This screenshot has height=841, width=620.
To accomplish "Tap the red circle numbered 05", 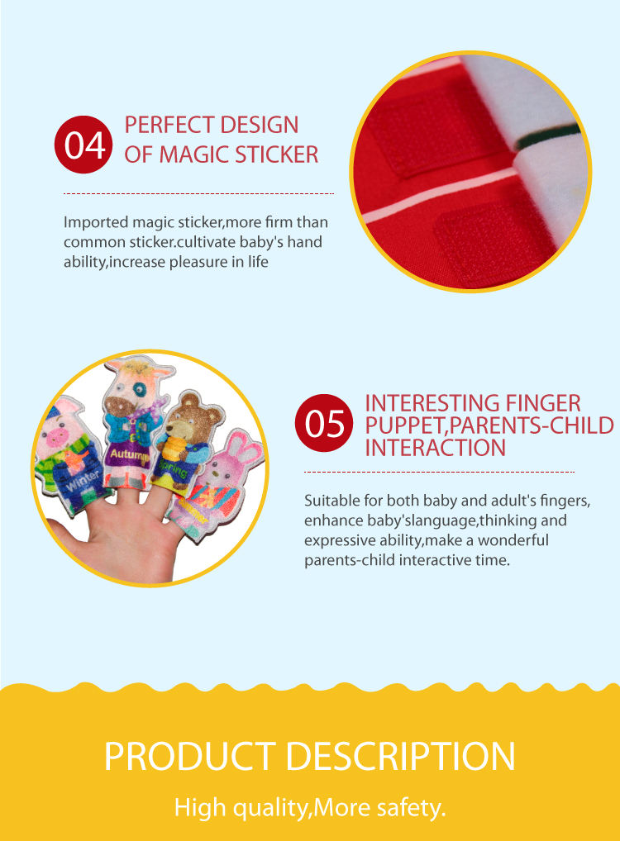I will click(x=325, y=423).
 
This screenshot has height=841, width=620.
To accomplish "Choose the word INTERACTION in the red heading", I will click(x=435, y=448).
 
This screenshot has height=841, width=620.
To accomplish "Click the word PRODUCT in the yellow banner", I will click(x=189, y=757).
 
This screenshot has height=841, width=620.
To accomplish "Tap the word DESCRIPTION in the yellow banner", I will click(x=398, y=757).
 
